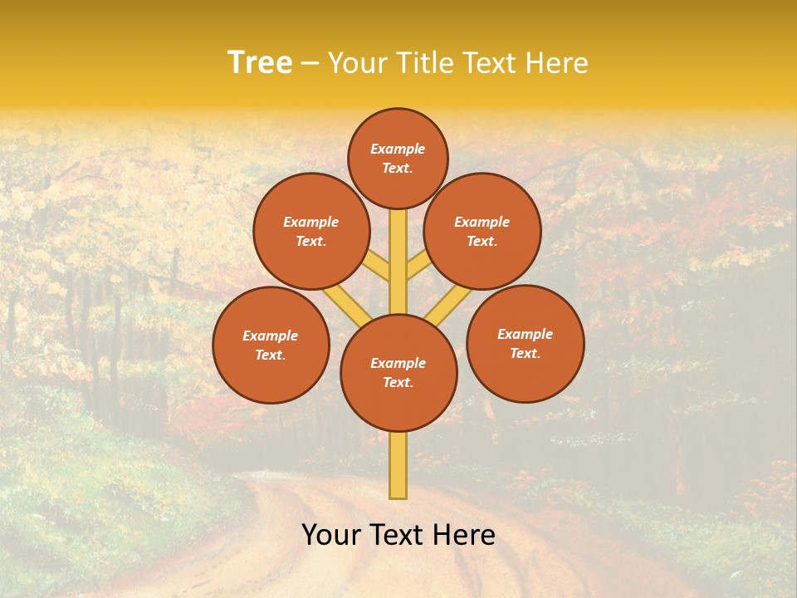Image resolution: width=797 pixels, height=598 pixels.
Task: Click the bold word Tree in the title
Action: [260, 63]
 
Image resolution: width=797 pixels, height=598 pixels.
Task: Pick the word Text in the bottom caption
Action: [399, 535]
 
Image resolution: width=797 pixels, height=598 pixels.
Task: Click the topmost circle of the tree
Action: [398, 158]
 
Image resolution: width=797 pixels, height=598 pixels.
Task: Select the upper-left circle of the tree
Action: [311, 231]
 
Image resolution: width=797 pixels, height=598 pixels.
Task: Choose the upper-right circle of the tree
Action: [482, 231]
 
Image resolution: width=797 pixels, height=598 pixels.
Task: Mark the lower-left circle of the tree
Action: [271, 345]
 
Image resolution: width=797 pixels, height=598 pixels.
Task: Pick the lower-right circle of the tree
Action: [526, 343]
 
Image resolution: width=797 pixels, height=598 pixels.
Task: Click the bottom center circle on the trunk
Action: [398, 372]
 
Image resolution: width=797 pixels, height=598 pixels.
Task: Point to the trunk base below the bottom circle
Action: [398, 465]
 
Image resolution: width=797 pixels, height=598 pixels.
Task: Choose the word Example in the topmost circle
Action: [398, 149]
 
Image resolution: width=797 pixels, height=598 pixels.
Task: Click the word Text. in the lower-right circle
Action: [526, 353]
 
